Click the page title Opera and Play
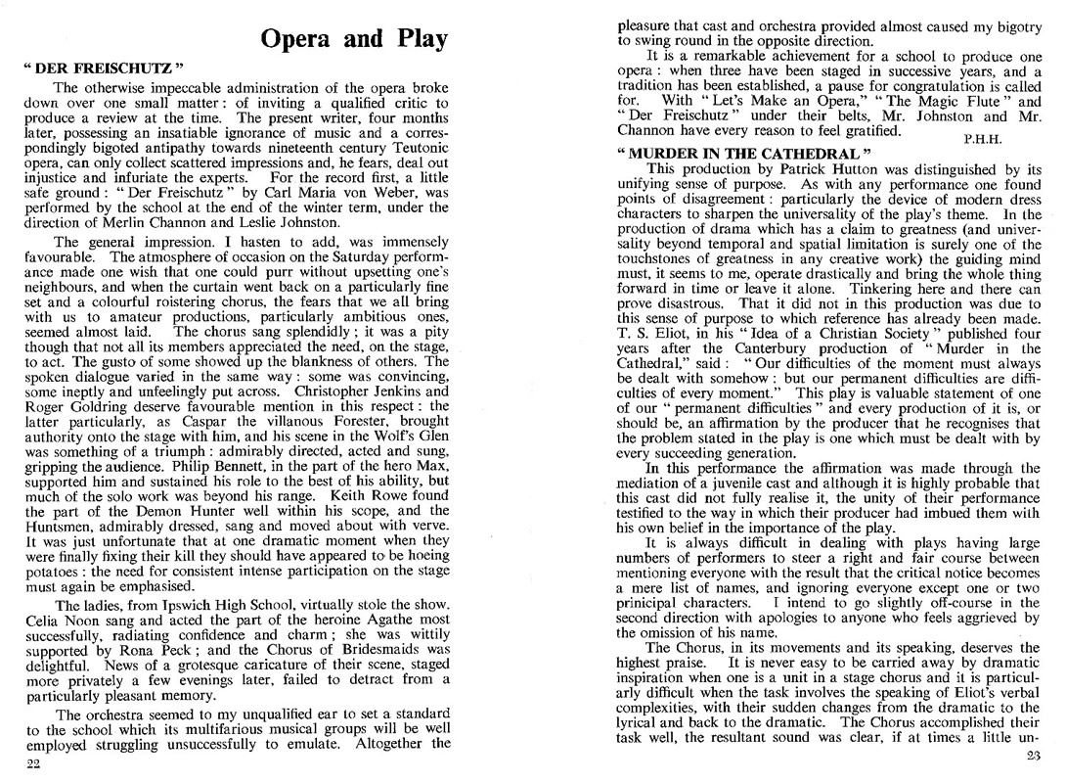[x=354, y=39]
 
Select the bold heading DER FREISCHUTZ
[x=103, y=71]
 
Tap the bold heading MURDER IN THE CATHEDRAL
[x=743, y=155]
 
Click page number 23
[x=1031, y=756]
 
